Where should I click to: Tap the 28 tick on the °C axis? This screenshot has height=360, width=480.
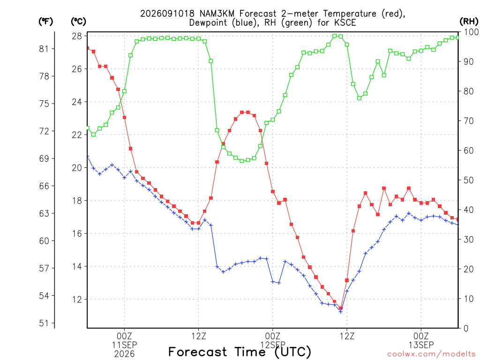coord(77,36)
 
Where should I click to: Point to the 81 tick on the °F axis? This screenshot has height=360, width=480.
coord(44,49)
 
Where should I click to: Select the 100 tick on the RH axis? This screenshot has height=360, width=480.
coord(471,32)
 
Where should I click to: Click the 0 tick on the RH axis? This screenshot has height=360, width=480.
coord(466,328)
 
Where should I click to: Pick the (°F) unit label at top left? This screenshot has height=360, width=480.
coord(45,22)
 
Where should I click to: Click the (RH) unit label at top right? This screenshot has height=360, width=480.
coord(469,22)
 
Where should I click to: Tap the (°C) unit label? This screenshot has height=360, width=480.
coord(78,22)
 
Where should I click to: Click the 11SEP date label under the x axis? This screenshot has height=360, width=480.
coord(124,345)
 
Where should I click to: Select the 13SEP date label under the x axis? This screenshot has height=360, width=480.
coord(421,345)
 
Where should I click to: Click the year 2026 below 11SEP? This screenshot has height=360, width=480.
coord(124,354)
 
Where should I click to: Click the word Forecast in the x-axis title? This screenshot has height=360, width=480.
coord(198,352)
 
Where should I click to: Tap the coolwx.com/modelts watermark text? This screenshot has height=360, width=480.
coord(431,354)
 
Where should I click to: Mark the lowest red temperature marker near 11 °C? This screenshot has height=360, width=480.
coord(341,308)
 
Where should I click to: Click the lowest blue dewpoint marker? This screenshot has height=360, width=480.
coord(341,312)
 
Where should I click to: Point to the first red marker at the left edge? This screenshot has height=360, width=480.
coord(88,48)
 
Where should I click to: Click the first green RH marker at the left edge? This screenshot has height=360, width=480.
coord(88,128)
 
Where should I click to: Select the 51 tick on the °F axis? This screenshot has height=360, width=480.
coord(44,323)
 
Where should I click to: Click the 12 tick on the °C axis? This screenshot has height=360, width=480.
coord(77,300)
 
